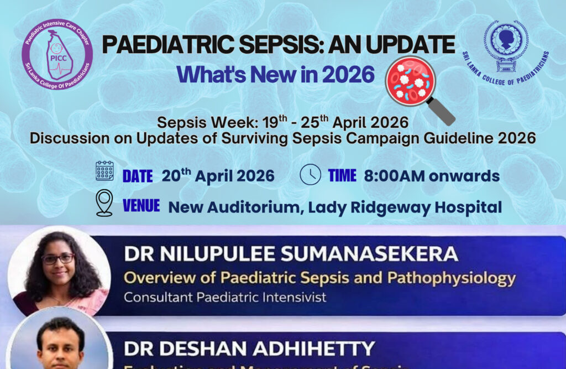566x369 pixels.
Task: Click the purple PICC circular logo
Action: tap(57, 53)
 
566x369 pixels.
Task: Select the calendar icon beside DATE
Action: tap(104, 171)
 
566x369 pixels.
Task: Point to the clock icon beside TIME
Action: tap(310, 175)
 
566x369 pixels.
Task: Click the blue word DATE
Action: tap(138, 176)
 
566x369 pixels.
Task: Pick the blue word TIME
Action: tap(342, 176)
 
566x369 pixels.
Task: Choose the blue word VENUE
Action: tap(141, 206)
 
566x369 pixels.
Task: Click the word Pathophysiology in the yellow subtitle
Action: tap(452, 277)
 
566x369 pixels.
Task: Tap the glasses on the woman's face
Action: tap(57, 258)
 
